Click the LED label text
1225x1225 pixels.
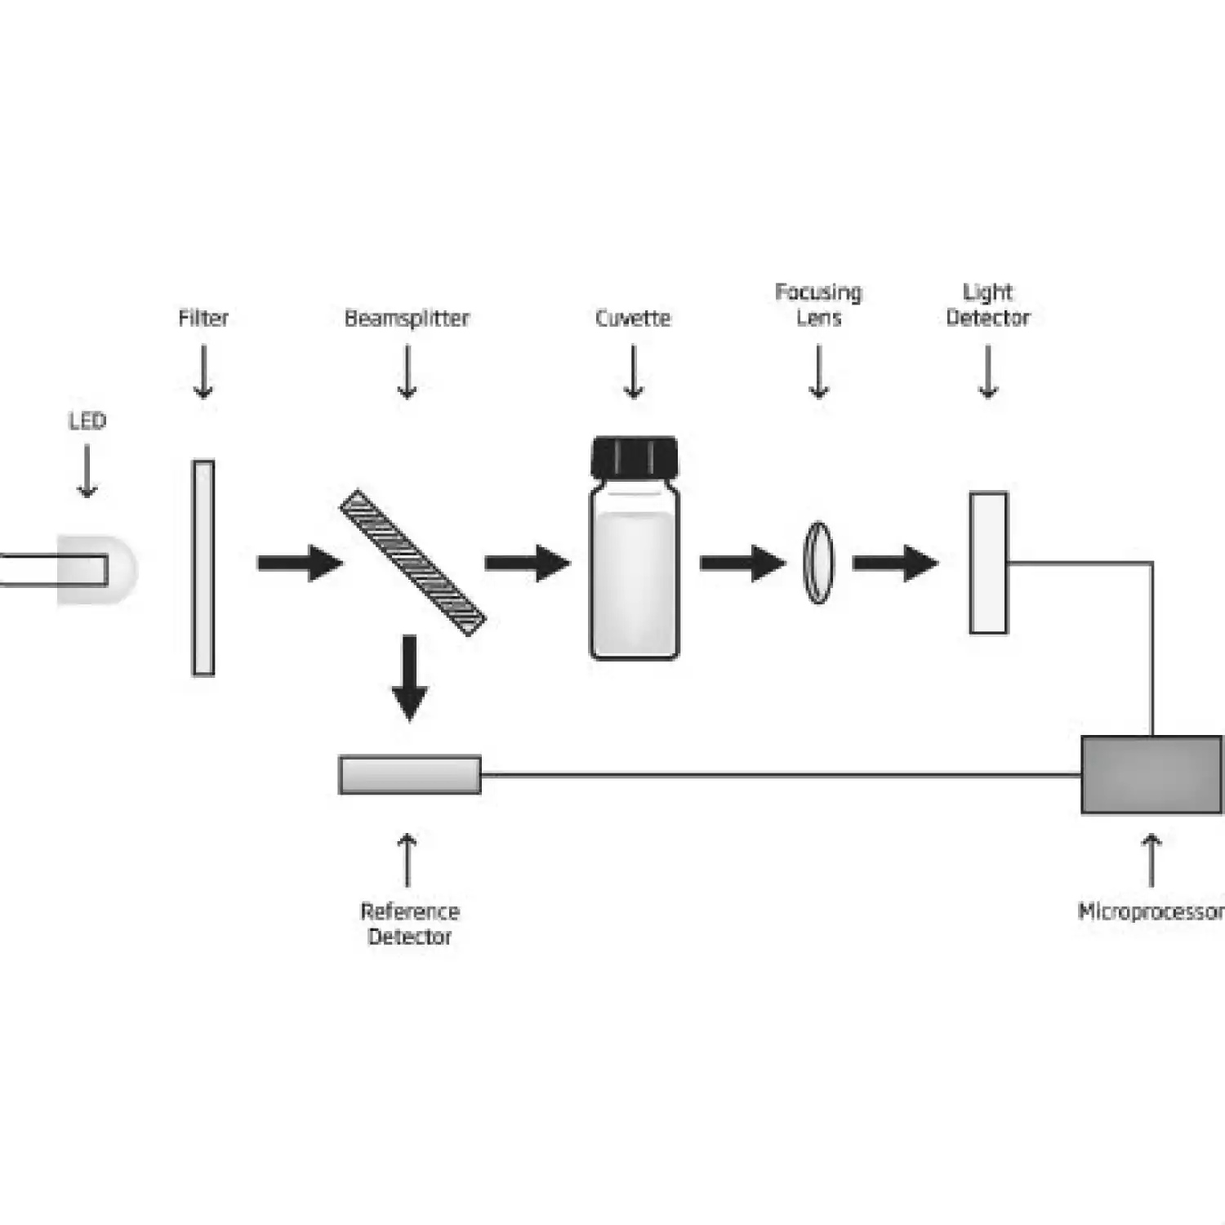click(x=87, y=421)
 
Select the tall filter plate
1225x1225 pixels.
click(x=203, y=568)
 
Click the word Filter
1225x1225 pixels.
click(x=203, y=318)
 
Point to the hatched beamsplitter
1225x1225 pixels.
click(x=412, y=562)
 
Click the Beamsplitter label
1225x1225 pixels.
click(x=407, y=318)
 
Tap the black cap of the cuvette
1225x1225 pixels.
click(x=635, y=457)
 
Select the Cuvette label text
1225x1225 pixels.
click(x=633, y=318)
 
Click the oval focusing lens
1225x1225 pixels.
click(x=818, y=563)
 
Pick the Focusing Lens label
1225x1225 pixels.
click(x=818, y=305)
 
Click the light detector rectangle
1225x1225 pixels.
click(x=988, y=563)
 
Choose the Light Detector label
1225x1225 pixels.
click(x=988, y=305)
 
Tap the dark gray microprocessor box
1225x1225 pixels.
click(x=1151, y=774)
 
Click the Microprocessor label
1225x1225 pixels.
click(x=1150, y=911)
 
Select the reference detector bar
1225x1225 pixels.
click(x=410, y=774)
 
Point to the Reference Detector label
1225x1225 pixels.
click(x=410, y=924)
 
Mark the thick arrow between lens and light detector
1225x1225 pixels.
click(x=895, y=563)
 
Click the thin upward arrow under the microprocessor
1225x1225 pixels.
click(x=1151, y=860)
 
